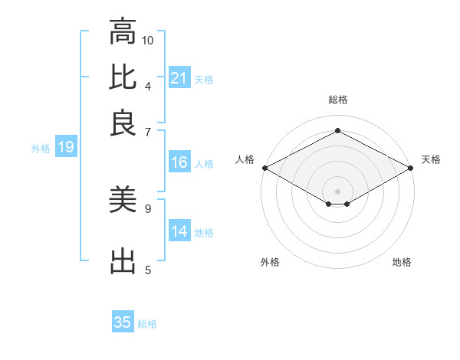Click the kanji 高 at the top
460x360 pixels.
coord(123,33)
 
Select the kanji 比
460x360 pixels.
coord(123,77)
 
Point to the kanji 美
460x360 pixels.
coord(123,201)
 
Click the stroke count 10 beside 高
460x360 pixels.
coord(148,40)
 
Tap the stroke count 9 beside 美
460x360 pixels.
coord(148,208)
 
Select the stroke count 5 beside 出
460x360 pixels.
coord(148,269)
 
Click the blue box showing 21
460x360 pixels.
coord(179,78)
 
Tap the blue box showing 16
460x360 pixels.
coord(179,162)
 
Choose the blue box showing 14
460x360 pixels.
coord(179,231)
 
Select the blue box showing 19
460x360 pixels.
coord(66,148)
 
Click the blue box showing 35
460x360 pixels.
coord(123,322)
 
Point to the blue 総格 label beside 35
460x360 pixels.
coord(147,324)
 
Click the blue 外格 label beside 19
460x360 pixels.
coord(41,149)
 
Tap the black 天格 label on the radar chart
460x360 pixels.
coord(431,159)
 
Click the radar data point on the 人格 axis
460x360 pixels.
coord(264,168)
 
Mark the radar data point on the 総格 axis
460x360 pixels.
coord(337,131)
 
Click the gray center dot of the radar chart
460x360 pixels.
coord(337,190)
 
